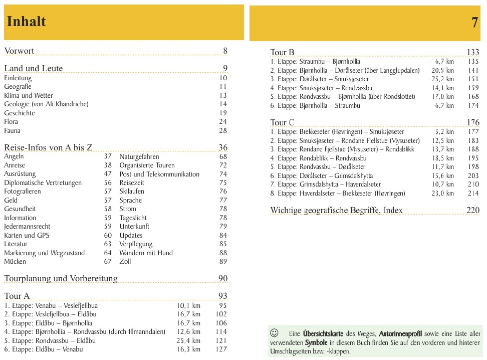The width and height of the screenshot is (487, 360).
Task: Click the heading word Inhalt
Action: (26, 22)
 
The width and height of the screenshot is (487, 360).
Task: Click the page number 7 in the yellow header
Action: (474, 23)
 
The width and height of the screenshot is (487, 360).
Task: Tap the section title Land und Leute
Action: (34, 68)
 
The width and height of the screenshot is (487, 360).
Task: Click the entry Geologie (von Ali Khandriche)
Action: (46, 104)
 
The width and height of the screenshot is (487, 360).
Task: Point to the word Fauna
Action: (12, 130)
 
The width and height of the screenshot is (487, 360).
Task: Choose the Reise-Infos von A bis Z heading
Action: (48, 147)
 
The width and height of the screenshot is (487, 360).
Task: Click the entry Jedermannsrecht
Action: (27, 227)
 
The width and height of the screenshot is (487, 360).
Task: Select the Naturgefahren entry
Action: (139, 156)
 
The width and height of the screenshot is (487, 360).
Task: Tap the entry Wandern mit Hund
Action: (146, 253)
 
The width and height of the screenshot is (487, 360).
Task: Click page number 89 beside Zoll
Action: (223, 262)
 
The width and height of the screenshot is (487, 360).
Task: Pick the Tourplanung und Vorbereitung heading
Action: (61, 278)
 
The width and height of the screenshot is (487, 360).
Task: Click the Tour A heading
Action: (17, 296)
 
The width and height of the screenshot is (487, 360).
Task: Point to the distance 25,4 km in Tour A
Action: (188, 341)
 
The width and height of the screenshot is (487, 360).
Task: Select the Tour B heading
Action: (282, 52)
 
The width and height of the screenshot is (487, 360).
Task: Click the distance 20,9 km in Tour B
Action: (442, 71)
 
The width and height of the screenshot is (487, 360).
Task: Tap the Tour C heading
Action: (282, 122)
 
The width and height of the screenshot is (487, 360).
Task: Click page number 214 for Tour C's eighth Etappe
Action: (473, 194)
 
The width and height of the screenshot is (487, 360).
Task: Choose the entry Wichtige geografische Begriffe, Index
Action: (336, 211)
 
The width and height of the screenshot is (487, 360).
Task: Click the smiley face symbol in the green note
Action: (274, 333)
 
